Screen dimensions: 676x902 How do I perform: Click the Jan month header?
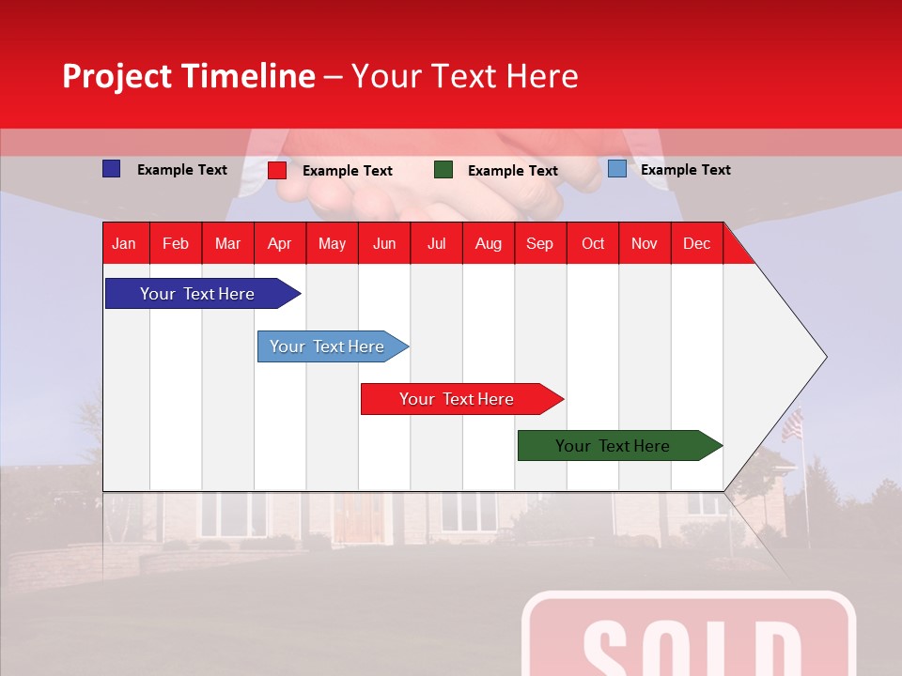pos(124,244)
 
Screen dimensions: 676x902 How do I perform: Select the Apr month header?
pos(280,244)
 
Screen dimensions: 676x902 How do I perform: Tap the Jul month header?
pos(436,244)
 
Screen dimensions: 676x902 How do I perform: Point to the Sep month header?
pos(539,244)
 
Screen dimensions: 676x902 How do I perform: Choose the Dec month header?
pos(696,244)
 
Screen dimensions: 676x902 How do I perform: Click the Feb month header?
pos(176,244)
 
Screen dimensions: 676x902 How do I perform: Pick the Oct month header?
pos(593,244)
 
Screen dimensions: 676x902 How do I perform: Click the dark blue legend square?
pos(111,169)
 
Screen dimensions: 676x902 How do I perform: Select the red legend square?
pos(277,170)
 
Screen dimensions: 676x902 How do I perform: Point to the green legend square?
pos(443,170)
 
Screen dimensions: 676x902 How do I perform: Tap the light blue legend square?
pos(616,169)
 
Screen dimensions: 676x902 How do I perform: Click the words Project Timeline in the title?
pos(189,76)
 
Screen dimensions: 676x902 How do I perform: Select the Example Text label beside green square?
pos(512,171)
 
